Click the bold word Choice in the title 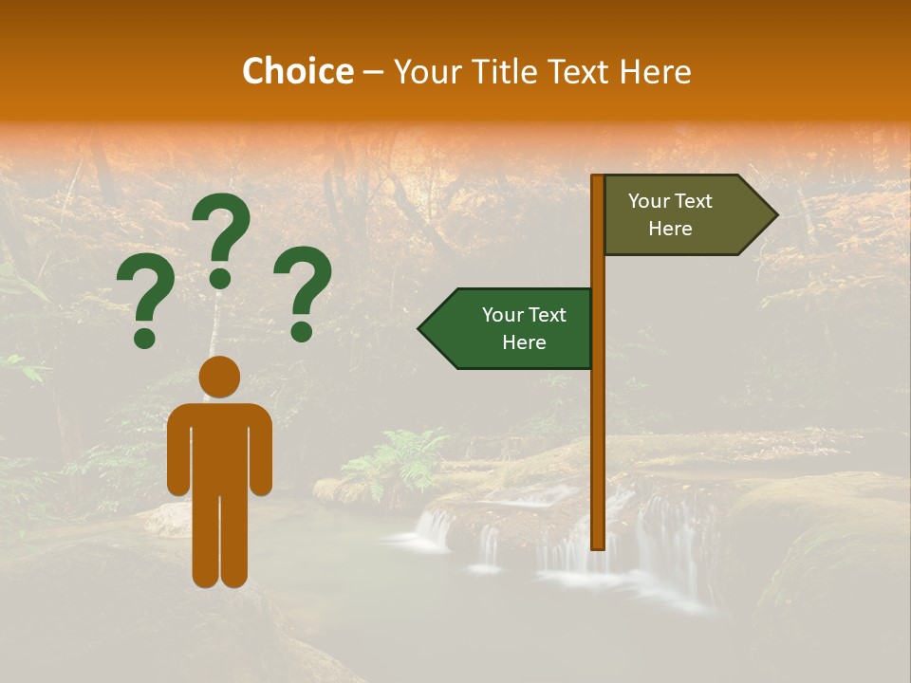pos(297,71)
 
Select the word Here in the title pos(655,71)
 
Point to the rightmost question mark pos(303,288)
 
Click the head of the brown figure pos(219,378)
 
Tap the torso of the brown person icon pos(219,446)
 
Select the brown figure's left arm pos(177,451)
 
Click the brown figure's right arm pos(263,451)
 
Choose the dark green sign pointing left pos(512,328)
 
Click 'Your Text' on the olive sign pos(670,201)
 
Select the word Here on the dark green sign pos(524,342)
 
